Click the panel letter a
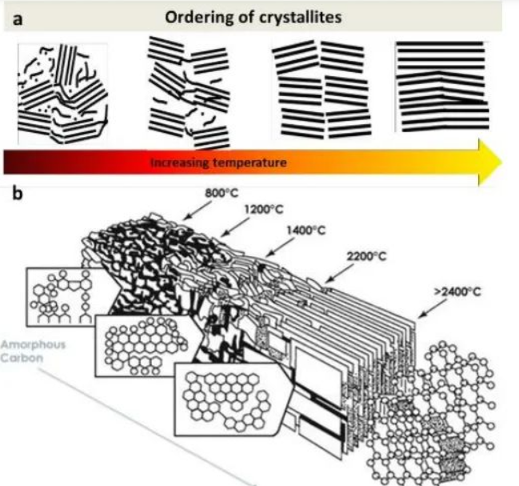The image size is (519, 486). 18,19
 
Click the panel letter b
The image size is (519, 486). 18,194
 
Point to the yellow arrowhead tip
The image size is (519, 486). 501,163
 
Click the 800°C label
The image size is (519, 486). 222,193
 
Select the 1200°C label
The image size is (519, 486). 264,210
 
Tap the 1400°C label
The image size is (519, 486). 305,231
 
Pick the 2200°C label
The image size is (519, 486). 366,256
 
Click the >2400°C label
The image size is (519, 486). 457,292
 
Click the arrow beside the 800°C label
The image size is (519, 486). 197,211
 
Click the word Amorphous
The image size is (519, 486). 33,345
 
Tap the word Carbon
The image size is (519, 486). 22,358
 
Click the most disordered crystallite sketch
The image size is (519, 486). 63,94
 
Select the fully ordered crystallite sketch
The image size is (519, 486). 442,86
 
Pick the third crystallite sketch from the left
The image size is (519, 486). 321,90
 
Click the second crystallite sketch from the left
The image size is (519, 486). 189,93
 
